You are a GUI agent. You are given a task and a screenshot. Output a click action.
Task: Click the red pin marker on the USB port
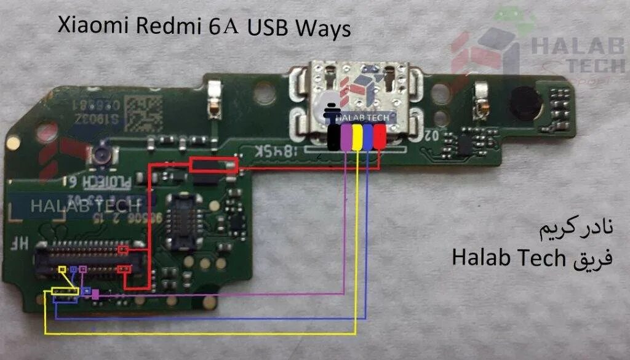coord(380,137)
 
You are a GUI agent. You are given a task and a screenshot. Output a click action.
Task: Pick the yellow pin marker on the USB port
coord(356,137)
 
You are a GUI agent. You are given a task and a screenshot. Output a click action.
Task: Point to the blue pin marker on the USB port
coord(368,137)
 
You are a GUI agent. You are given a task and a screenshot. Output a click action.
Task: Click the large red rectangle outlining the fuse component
coord(213,164)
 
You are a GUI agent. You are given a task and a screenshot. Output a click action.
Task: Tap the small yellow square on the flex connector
coord(62,270)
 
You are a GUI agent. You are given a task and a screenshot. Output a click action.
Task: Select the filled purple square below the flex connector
coord(95,295)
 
